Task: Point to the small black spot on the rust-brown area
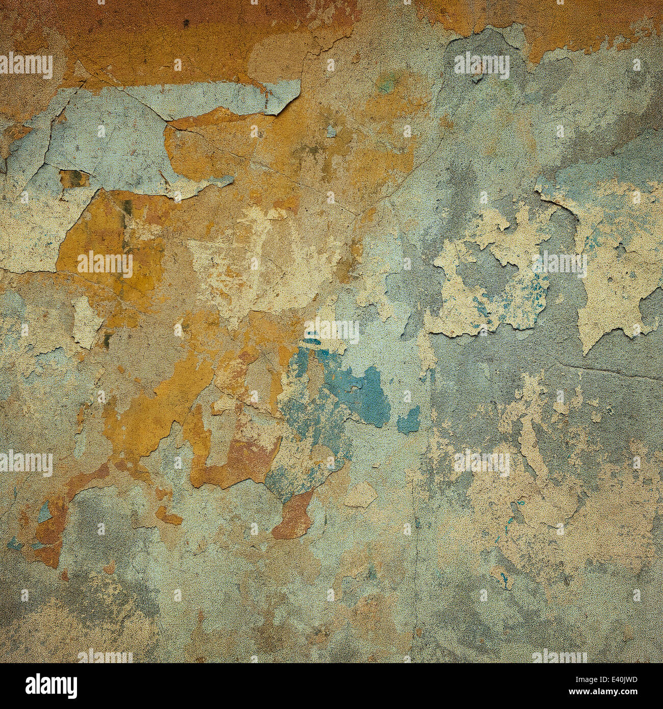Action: [x=186, y=22]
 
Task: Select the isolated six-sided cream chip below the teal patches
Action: [x=361, y=495]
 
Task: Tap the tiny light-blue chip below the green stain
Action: [x=332, y=132]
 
